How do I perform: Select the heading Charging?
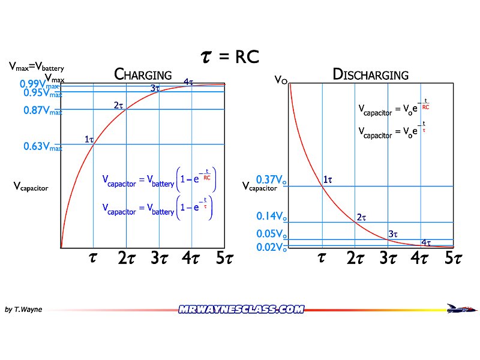tap(143, 75)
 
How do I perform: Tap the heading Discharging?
tap(370, 75)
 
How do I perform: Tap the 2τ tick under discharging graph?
tap(355, 259)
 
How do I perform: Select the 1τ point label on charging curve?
tap(89, 139)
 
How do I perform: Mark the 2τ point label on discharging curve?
tap(361, 217)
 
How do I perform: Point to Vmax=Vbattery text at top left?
tap(36, 68)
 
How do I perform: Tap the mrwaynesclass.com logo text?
tap(241, 310)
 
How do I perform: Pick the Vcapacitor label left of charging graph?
tap(31, 187)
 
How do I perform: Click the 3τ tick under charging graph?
tap(158, 259)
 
